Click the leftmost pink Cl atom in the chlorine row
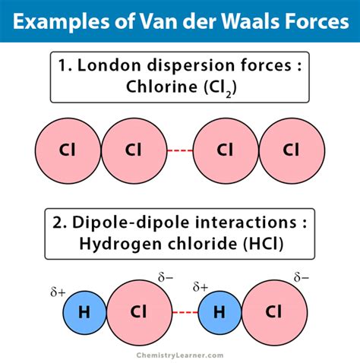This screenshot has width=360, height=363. tap(68, 150)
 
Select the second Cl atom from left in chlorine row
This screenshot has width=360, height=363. tap(133, 150)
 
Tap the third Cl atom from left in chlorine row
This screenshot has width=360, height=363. tap(226, 150)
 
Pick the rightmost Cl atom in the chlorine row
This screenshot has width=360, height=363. tap(291, 150)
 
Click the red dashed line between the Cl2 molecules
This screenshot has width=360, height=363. tap(179, 150)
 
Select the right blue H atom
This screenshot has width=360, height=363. tap(219, 311)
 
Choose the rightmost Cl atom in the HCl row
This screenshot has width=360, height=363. tap(274, 311)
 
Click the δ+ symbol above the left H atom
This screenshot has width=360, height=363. tap(58, 292)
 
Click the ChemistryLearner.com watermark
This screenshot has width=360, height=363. tap(180, 353)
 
